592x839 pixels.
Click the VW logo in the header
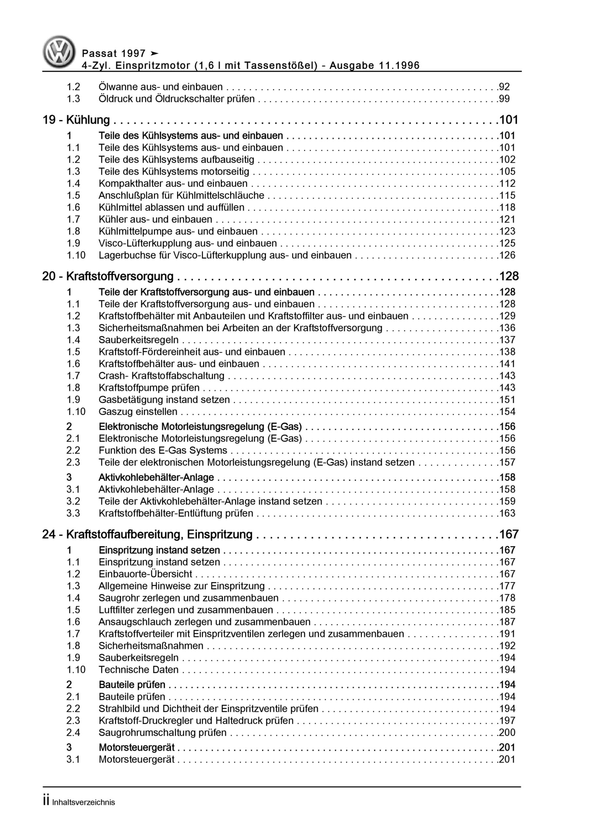tap(59, 52)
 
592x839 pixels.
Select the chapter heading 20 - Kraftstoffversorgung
tap(108, 276)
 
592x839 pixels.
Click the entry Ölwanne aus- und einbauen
tap(161, 87)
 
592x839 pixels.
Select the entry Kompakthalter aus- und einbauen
tap(173, 184)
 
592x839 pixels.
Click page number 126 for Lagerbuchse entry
tap(507, 255)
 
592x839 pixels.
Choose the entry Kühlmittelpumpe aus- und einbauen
tap(178, 231)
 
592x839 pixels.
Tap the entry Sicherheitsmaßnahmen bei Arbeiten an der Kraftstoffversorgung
tap(240, 328)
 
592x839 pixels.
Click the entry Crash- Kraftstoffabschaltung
tap(161, 376)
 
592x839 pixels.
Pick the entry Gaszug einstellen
tap(138, 412)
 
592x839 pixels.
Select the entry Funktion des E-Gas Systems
tap(163, 451)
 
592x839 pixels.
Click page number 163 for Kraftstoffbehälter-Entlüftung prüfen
tap(507, 514)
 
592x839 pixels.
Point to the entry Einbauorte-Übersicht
tap(145, 574)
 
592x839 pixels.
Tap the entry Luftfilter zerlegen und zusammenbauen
tap(186, 610)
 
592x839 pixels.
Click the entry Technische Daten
tap(139, 670)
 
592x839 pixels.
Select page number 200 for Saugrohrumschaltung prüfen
tap(507, 733)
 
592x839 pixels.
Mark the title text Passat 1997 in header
tap(114, 54)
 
